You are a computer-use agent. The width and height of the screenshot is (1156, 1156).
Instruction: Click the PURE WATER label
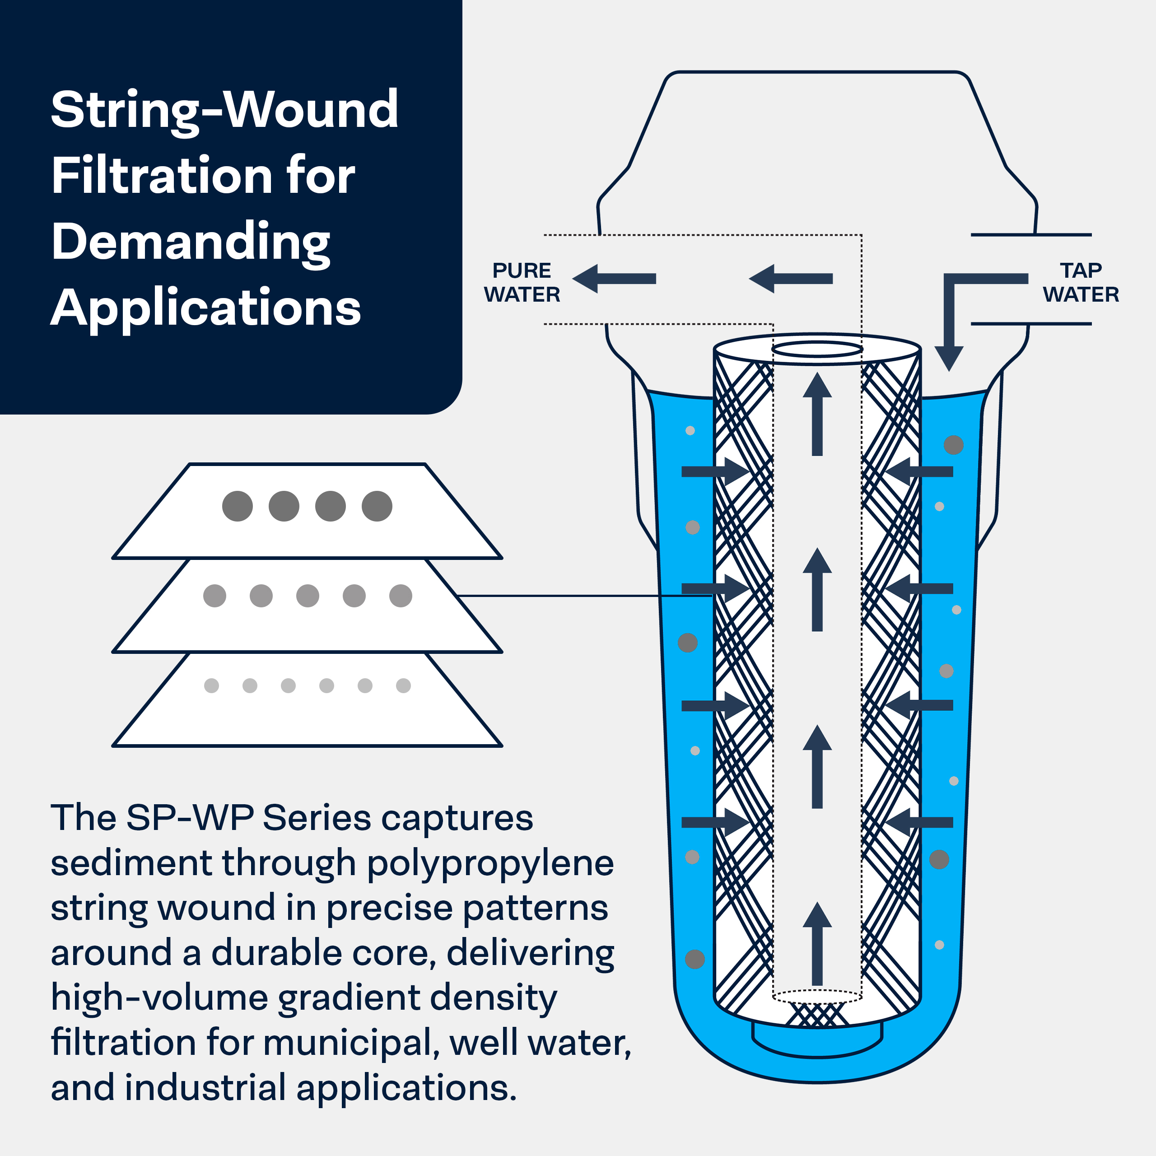coord(522,282)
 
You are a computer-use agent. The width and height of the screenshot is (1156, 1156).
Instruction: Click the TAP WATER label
coord(1081,282)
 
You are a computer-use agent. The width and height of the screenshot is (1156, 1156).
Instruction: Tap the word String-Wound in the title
coord(224,110)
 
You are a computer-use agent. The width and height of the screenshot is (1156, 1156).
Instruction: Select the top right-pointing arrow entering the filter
coord(714,471)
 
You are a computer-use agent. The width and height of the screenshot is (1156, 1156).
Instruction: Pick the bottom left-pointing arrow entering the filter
coord(919,822)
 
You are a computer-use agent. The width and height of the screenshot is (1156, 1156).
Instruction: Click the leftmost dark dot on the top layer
coord(238,506)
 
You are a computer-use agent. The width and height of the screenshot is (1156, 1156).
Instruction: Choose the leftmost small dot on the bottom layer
coord(211,686)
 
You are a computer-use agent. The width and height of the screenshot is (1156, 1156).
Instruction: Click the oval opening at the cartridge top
coord(817,349)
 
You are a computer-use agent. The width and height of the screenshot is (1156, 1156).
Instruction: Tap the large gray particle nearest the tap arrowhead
coord(954,445)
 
